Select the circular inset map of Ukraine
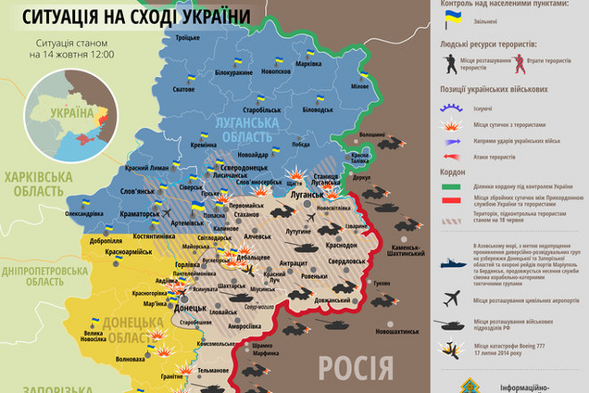click(69, 120)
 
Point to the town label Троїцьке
click(188, 37)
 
